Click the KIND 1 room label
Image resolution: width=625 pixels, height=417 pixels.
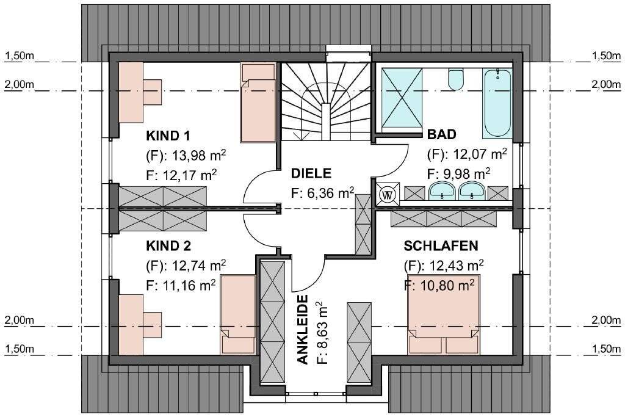coord(168,135)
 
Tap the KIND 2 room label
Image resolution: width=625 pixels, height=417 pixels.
coord(168,246)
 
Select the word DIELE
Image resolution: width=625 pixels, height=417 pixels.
coord(311,173)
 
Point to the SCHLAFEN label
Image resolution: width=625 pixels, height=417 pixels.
coord(441,246)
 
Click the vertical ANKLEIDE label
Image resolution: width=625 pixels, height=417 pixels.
coord(302,330)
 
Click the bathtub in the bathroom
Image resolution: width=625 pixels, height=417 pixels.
coord(497,103)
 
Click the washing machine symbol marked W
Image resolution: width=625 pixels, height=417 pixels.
coord(387,194)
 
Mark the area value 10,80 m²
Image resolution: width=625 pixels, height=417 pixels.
coord(439,285)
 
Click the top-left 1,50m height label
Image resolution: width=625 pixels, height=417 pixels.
coord(19,56)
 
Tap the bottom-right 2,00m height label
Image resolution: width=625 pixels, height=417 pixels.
coord(605,320)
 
